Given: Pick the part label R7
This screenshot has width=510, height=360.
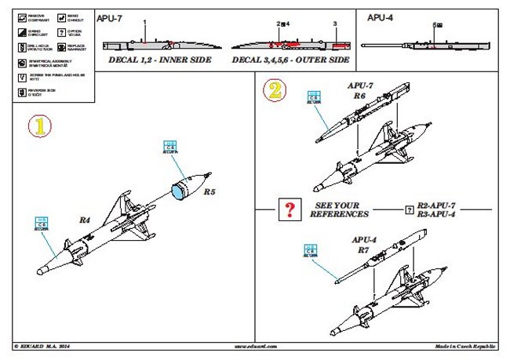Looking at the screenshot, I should point(363,249).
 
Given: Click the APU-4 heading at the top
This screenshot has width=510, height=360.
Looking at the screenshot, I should point(380,16).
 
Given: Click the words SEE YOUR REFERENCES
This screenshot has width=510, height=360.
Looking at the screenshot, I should point(339,209).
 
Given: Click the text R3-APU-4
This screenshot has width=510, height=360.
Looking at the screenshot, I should point(439,214).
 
